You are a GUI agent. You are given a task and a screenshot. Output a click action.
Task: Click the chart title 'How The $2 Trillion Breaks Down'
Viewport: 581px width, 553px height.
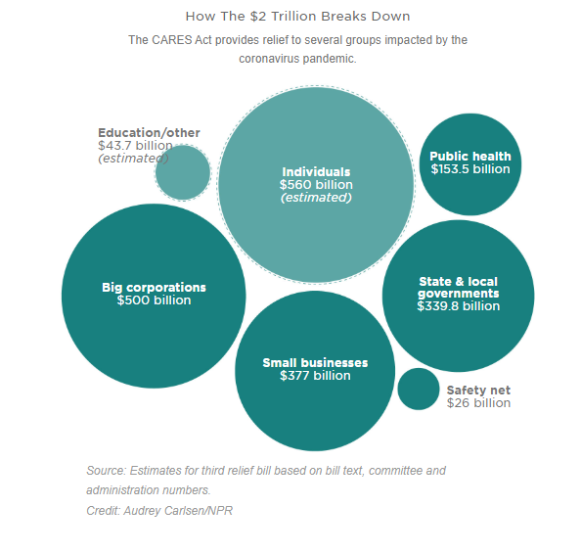click(297, 17)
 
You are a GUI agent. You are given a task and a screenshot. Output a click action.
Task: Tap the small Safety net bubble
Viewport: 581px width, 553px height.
click(419, 390)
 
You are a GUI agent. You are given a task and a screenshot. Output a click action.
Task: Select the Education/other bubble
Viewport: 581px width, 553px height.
click(183, 173)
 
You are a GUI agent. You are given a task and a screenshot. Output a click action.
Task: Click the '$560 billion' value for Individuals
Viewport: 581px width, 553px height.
click(316, 185)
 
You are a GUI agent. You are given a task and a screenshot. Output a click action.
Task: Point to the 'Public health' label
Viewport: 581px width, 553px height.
click(470, 157)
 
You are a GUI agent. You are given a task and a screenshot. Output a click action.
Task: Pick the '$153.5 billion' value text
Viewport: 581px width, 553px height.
click(470, 169)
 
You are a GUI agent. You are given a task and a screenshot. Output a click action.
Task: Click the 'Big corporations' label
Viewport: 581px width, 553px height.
click(154, 287)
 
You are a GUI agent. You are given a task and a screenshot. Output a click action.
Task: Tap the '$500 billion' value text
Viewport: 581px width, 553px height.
click(154, 300)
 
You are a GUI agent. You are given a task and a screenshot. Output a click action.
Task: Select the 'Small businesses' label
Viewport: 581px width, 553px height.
click(315, 362)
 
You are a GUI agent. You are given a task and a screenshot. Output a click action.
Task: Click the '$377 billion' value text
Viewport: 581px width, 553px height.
click(315, 375)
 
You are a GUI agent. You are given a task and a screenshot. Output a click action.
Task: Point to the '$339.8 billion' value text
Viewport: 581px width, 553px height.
click(459, 306)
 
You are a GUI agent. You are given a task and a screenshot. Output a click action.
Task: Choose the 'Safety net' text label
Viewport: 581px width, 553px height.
click(478, 391)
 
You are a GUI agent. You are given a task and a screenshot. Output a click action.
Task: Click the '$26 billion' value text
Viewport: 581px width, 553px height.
click(478, 403)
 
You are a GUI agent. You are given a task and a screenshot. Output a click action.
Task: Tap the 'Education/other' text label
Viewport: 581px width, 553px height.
click(149, 133)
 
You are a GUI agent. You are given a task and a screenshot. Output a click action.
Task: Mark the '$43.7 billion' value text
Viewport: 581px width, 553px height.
click(135, 146)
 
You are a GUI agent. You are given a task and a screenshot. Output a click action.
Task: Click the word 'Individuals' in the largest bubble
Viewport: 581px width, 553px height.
click(316, 171)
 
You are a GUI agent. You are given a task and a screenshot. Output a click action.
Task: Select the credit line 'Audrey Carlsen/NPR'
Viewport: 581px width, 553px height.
click(178, 511)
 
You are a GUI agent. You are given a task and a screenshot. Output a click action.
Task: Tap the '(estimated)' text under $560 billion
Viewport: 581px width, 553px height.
click(316, 198)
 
